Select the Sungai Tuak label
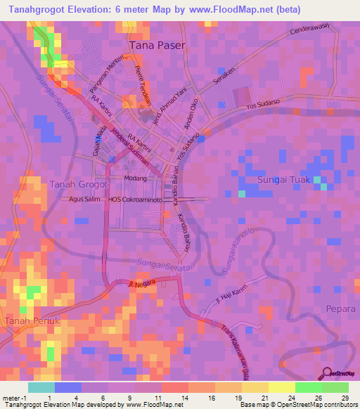point(281,180)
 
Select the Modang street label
point(135,178)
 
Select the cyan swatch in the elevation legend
point(41,387)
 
